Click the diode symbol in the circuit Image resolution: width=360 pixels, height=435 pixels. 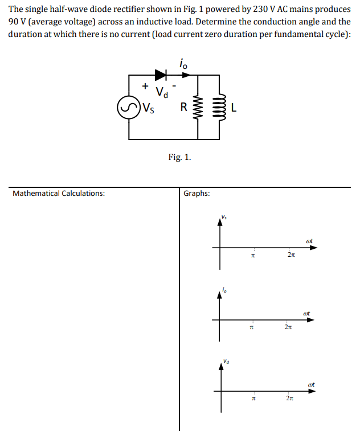[161, 74]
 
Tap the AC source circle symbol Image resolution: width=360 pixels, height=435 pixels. [128, 106]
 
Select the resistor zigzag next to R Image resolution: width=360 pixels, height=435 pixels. [199, 106]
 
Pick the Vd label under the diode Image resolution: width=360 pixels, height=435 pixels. [162, 92]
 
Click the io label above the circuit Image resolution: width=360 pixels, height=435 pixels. [182, 64]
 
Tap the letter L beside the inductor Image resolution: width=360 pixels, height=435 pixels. [234, 106]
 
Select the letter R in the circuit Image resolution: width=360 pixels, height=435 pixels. [183, 106]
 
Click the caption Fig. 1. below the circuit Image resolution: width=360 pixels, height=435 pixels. [179, 157]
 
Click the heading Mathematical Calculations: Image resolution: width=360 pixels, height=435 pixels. [59, 194]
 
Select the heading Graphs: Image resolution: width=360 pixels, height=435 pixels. [197, 194]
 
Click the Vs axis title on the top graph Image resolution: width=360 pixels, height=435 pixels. [224, 216]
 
